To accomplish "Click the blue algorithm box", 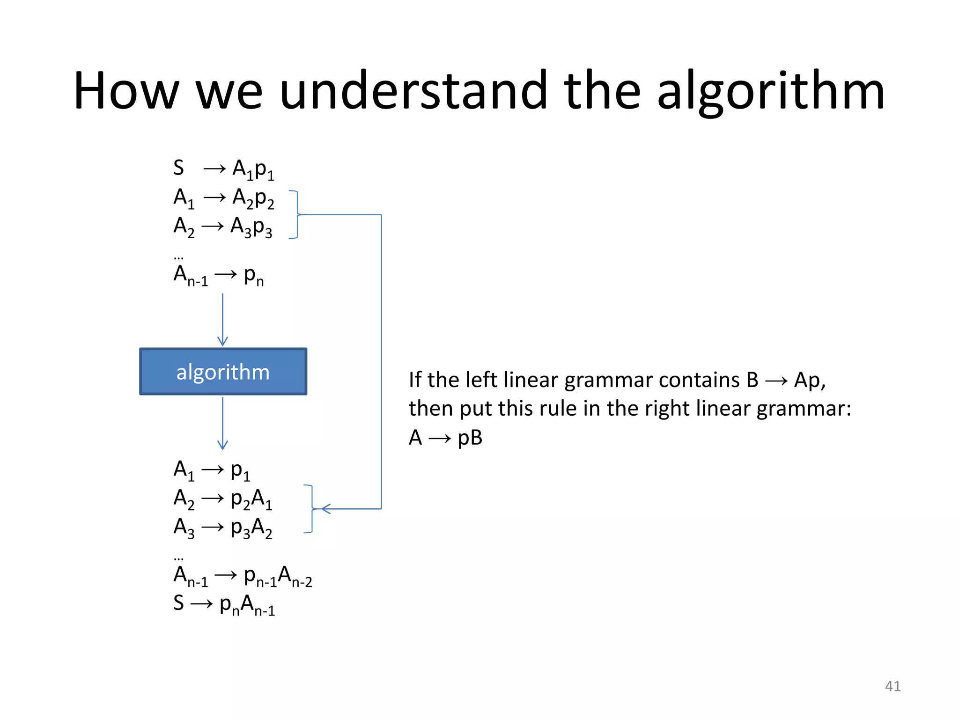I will (x=223, y=371).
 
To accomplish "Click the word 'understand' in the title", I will (x=413, y=91).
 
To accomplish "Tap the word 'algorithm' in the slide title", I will (x=771, y=91).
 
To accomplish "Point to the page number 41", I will (x=893, y=686).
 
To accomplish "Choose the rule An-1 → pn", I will (x=218, y=275).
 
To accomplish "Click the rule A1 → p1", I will (x=212, y=470).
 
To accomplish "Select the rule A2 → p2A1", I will (x=222, y=499).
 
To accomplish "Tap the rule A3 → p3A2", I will (x=222, y=528).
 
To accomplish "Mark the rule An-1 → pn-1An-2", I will (x=242, y=576).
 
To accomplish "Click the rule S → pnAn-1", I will (x=224, y=604).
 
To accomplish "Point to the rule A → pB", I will (x=445, y=438).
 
